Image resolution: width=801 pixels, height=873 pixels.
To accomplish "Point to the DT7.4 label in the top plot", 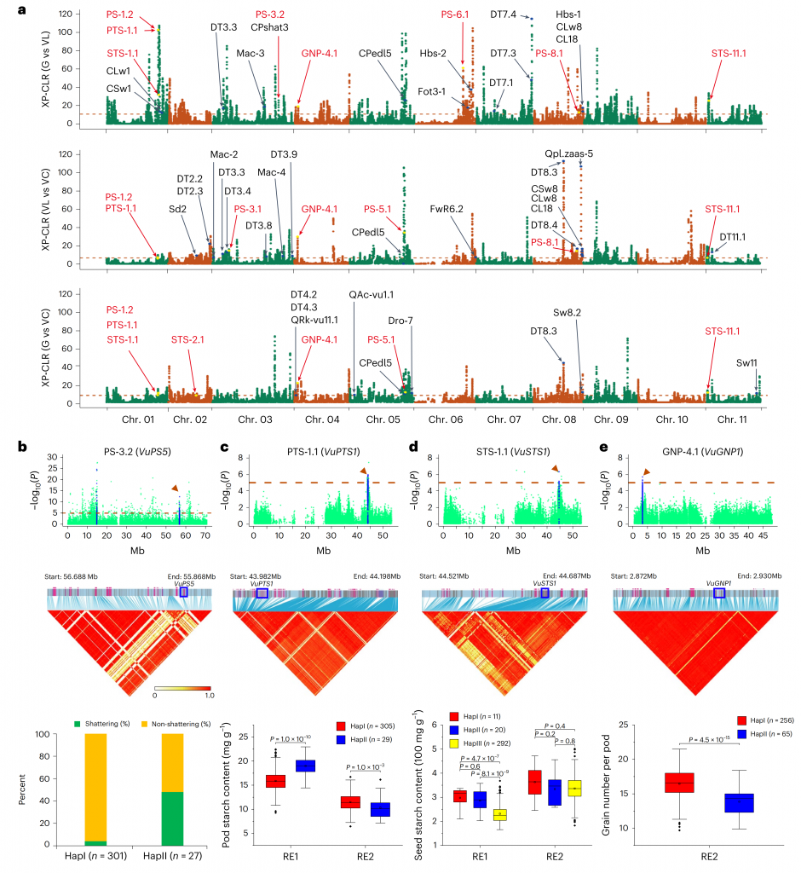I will pos(504,14).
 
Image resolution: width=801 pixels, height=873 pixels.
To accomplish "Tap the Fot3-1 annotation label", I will pos(433,91).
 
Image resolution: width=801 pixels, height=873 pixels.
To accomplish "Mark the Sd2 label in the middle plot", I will pos(177,208).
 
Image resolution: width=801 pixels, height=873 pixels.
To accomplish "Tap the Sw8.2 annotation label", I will pos(566,313).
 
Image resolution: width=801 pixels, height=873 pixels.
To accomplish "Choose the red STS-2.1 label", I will pos(187,339).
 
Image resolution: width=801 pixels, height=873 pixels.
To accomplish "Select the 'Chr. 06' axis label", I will pos(446,419).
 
